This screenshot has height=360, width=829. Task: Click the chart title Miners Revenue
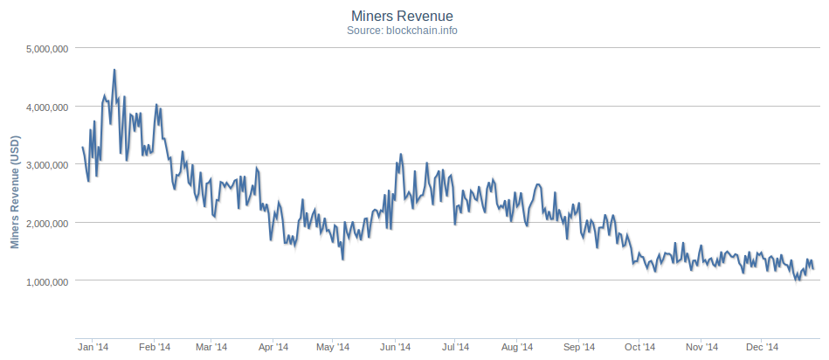click(x=414, y=15)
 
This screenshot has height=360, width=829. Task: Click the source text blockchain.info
click(x=414, y=30)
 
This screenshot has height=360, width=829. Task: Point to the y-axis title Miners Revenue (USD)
click(x=15, y=192)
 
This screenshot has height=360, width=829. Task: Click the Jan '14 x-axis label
click(x=93, y=347)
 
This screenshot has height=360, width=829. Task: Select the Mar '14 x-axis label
click(x=211, y=347)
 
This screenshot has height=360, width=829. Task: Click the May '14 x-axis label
click(x=332, y=347)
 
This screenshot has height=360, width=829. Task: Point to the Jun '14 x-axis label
click(x=394, y=347)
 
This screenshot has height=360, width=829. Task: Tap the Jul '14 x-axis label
click(x=454, y=347)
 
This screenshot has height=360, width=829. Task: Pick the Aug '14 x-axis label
click(x=515, y=347)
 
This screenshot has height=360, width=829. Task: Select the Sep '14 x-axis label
click(x=577, y=347)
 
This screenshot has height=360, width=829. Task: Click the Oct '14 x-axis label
click(x=639, y=347)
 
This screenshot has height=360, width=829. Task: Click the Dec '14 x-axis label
click(x=760, y=347)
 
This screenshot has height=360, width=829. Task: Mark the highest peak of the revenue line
click(x=114, y=70)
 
